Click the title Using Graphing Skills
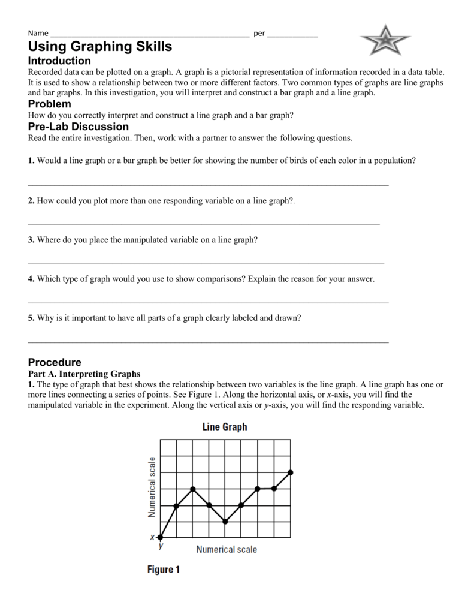pyautogui.click(x=100, y=46)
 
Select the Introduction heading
pyautogui.click(x=59, y=61)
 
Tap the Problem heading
pyautogui.click(x=50, y=104)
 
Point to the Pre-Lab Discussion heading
pyautogui.click(x=78, y=127)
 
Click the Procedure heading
pyautogui.click(x=55, y=363)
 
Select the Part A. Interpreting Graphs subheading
pyautogui.click(x=84, y=373)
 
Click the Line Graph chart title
pyautogui.click(x=219, y=427)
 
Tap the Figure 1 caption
pyautogui.click(x=164, y=570)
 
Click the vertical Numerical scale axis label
pyautogui.click(x=152, y=487)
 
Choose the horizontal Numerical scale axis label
pyautogui.click(x=227, y=549)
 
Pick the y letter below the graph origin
pyautogui.click(x=161, y=546)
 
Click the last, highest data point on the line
pyautogui.click(x=291, y=472)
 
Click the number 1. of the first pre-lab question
pyautogui.click(x=31, y=161)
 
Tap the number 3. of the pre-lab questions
pyautogui.click(x=31, y=239)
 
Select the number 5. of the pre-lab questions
pyautogui.click(x=31, y=318)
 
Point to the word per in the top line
pyautogui.click(x=259, y=34)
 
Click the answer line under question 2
pyautogui.click(x=204, y=224)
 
